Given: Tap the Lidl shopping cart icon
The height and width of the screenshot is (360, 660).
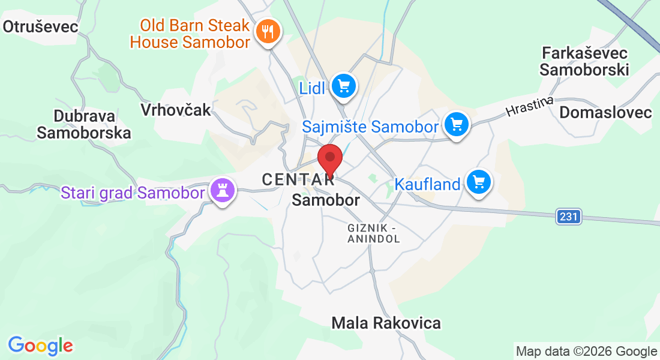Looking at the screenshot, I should [343, 86].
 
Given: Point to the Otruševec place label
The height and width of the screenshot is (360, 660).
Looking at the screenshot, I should [41, 26].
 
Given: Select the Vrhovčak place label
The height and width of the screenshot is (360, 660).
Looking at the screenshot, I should [176, 109].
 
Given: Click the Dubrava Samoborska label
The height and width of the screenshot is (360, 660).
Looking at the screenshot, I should [83, 124].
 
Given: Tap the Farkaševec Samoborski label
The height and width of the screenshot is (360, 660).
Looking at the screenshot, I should [584, 61].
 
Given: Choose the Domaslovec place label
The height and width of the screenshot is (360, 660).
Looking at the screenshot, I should [605, 112].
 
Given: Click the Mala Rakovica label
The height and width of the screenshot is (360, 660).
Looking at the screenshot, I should [386, 323].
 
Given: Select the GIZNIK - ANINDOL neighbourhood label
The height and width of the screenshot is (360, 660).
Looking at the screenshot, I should [373, 233].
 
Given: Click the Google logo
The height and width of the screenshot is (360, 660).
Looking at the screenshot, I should [40, 346].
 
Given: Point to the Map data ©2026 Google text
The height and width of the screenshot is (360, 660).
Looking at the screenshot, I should [586, 351].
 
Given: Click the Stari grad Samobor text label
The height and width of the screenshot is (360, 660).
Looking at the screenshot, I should [133, 193].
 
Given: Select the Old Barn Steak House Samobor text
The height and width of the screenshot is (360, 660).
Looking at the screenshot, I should [190, 34].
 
